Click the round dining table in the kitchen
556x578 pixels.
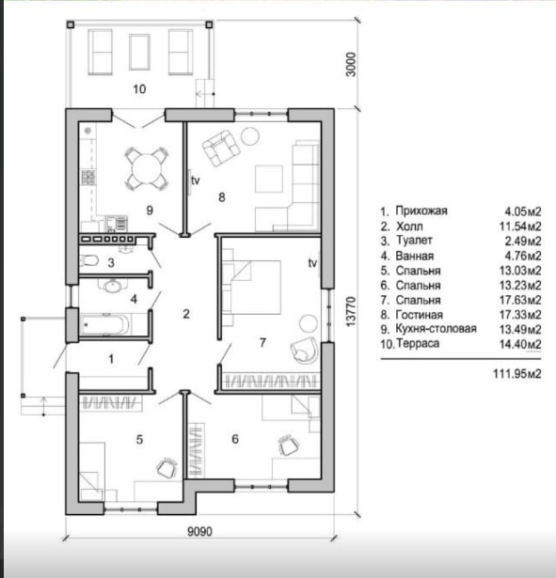coord(147,169)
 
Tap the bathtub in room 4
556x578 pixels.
coord(104,324)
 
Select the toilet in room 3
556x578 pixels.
coord(88,260)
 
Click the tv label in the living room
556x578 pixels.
coord(195,180)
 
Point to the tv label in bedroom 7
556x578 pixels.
coord(312,263)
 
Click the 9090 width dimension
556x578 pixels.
coord(200,532)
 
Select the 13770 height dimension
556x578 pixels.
coord(351,311)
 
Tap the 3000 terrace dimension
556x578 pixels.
coord(352,65)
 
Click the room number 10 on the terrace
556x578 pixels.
coord(139,89)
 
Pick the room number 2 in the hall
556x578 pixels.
coord(186,314)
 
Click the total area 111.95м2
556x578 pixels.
coord(517,374)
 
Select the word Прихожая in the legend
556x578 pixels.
coord(421,211)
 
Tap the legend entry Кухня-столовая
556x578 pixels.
coord(437,328)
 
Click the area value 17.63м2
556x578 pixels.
coord(520,300)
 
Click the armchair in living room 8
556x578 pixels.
coord(221,148)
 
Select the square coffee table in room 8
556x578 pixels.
coord(269,180)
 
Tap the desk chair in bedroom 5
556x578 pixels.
coord(167,468)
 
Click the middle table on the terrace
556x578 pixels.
coord(139,52)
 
